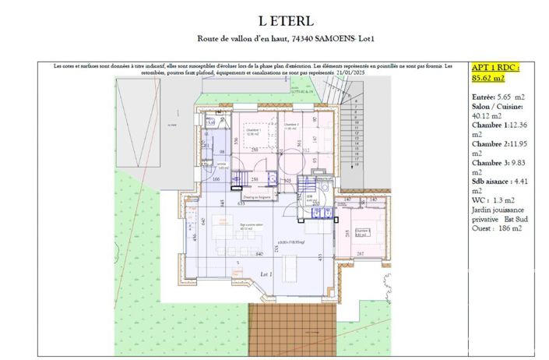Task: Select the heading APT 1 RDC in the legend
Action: (x=495, y=67)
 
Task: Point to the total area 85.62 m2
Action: (x=488, y=77)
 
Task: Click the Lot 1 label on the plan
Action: (x=266, y=275)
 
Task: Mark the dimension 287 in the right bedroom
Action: (x=360, y=254)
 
